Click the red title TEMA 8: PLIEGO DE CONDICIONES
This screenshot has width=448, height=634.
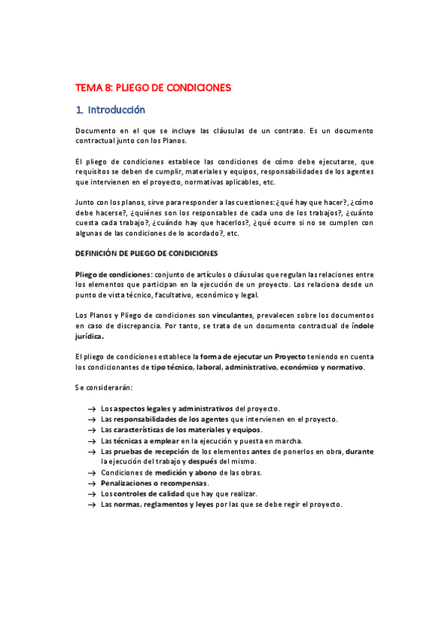click(153, 87)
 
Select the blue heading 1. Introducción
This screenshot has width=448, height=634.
click(111, 110)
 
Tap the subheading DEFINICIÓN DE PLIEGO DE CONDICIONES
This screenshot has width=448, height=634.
click(147, 253)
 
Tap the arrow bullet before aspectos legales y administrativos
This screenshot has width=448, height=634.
click(90, 409)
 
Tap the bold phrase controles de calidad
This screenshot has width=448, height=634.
click(158, 493)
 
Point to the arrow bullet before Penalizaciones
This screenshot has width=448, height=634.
click(90, 484)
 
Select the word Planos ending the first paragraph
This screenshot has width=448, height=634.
click(173, 140)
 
